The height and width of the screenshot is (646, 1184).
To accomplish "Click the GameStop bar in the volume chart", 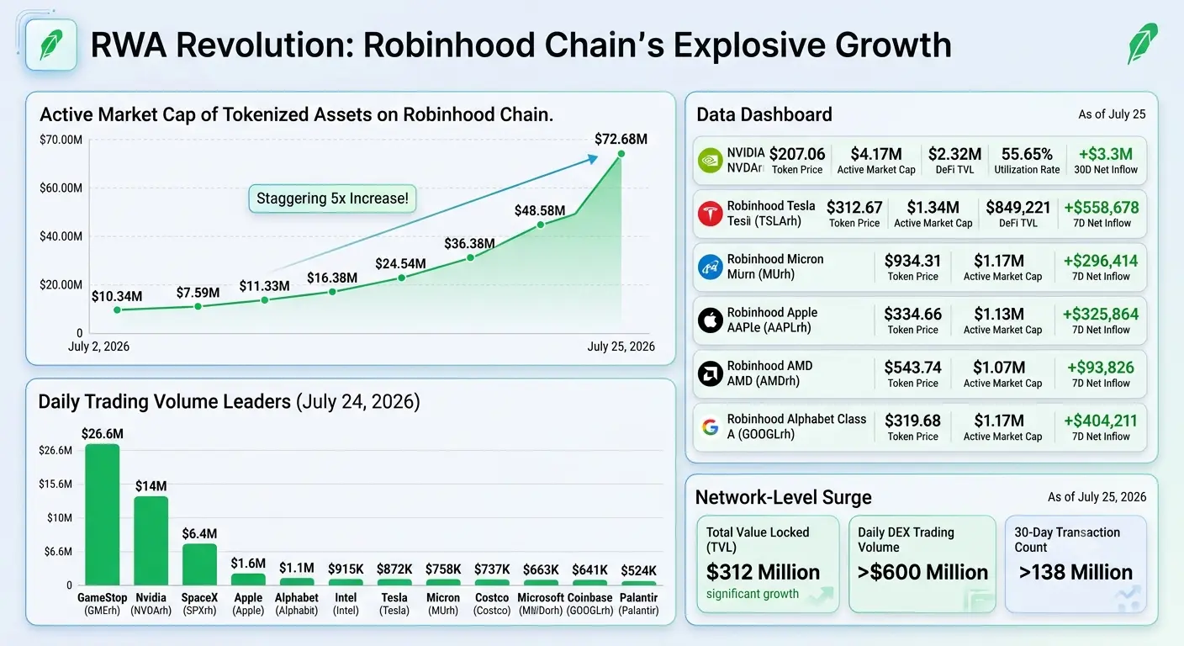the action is (x=102, y=515).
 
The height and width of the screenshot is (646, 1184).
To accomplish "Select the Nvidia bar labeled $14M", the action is (x=151, y=540).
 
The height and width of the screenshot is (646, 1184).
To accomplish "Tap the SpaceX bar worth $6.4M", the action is (x=199, y=564).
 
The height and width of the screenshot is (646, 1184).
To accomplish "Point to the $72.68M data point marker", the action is (x=621, y=154).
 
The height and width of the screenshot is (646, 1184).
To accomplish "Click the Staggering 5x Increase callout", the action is (x=332, y=199).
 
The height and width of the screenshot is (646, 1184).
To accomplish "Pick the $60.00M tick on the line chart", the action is (x=61, y=188).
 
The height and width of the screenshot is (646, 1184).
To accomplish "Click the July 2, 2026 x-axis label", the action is (x=98, y=347).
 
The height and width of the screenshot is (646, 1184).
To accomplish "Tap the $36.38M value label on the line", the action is (x=469, y=243).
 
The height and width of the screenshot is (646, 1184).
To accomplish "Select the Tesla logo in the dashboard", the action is (x=710, y=214).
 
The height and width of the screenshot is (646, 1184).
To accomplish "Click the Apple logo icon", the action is (x=710, y=320).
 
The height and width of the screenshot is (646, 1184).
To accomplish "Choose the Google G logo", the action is (x=710, y=427).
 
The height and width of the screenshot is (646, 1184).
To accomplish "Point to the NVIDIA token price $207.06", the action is (x=797, y=154).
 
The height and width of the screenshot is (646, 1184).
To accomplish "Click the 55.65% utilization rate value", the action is (x=1027, y=154).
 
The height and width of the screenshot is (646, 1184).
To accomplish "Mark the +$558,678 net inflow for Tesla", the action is (x=1102, y=207).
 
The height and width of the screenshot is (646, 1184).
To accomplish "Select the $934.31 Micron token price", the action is (x=913, y=261).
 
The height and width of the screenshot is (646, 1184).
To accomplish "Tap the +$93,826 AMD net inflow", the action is (x=1101, y=368).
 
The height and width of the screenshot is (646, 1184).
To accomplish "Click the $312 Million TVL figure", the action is (x=763, y=572).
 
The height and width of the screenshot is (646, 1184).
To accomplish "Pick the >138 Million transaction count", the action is (x=1076, y=572).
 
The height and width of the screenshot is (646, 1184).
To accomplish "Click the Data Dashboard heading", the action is (x=764, y=114).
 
